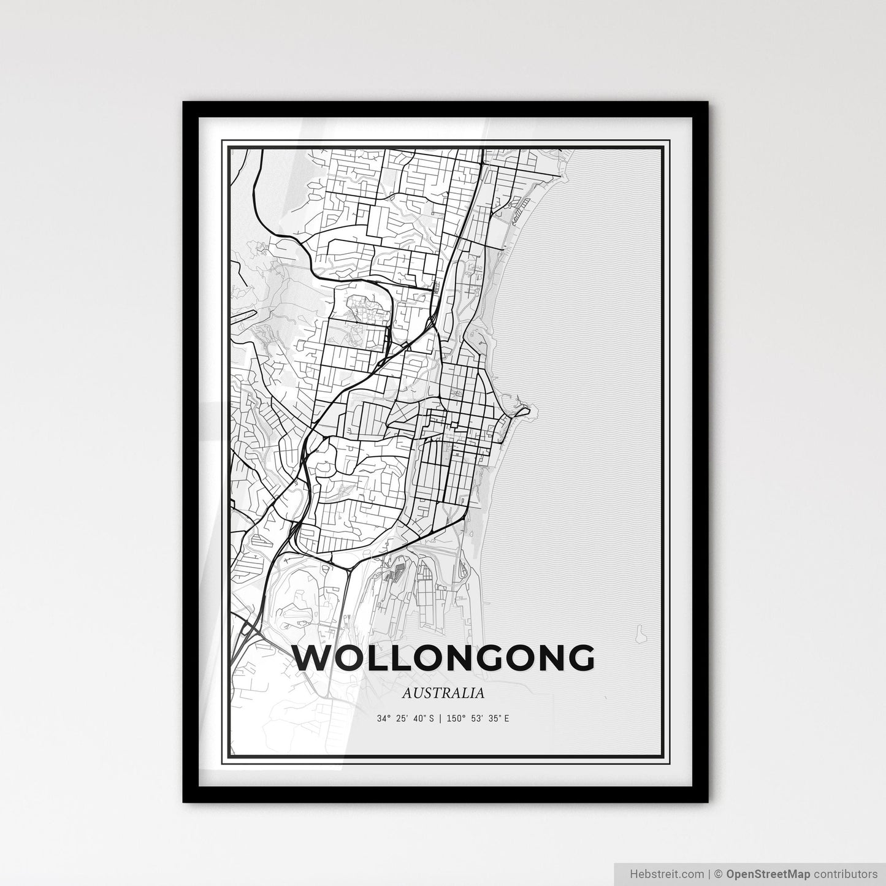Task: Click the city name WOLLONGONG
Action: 444,659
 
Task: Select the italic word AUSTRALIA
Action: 444,693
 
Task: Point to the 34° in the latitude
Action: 384,718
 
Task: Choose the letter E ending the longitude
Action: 506,718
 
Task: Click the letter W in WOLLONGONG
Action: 313,659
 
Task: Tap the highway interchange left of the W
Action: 250,627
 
